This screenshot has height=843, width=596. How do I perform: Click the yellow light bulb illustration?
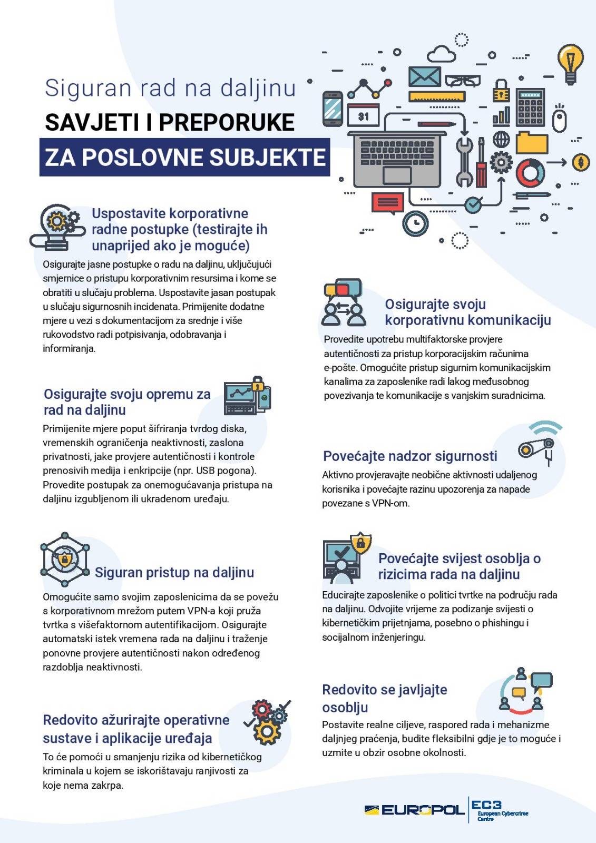(570, 63)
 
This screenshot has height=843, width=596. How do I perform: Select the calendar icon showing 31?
(363, 115)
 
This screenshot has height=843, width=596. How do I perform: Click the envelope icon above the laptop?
(424, 77)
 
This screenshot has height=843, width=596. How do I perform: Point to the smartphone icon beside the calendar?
(333, 109)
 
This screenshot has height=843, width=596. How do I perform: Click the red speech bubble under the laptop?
(388, 203)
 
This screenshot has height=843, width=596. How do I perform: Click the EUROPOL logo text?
(422, 810)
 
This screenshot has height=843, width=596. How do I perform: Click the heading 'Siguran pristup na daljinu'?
(174, 572)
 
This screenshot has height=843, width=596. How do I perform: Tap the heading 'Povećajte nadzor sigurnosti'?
(410, 456)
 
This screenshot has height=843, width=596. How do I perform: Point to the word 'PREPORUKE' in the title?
(227, 122)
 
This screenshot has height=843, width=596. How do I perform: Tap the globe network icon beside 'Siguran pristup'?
(64, 559)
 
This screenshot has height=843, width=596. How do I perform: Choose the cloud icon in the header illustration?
(441, 54)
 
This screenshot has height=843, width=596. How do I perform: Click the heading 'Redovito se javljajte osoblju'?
(384, 698)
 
